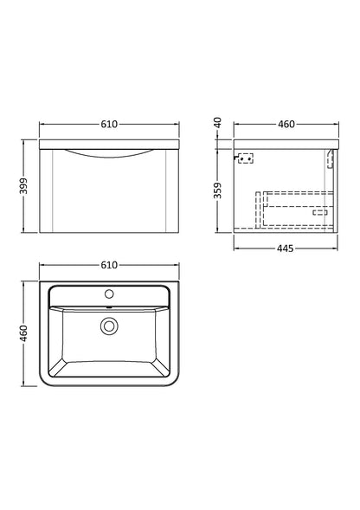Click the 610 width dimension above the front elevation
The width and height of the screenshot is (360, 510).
107,125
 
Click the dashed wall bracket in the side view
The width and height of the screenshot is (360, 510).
246,158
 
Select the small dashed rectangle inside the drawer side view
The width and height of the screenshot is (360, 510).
318,212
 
